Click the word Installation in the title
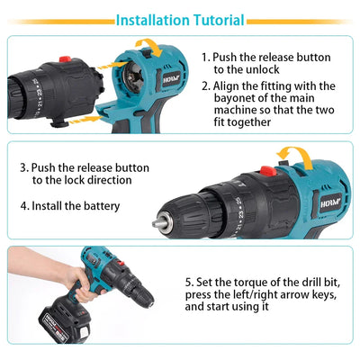[156, 19]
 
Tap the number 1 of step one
[206, 56]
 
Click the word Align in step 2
[230, 85]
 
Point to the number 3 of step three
[23, 167]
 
